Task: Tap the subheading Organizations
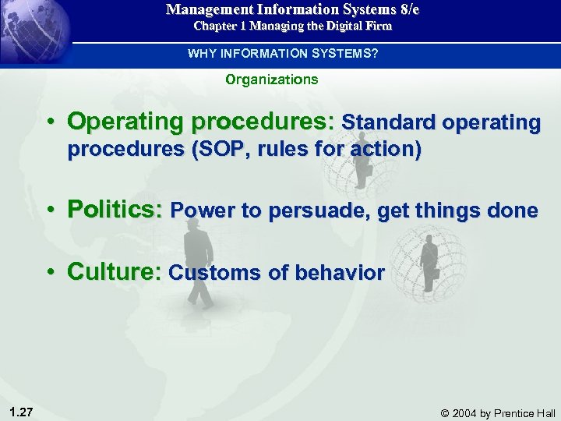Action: pyautogui.click(x=271, y=80)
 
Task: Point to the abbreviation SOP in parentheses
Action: pyautogui.click(x=223, y=149)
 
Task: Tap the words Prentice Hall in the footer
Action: pyautogui.click(x=524, y=412)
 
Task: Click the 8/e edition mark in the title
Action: pyautogui.click(x=406, y=10)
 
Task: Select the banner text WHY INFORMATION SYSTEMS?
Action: pyautogui.click(x=282, y=54)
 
